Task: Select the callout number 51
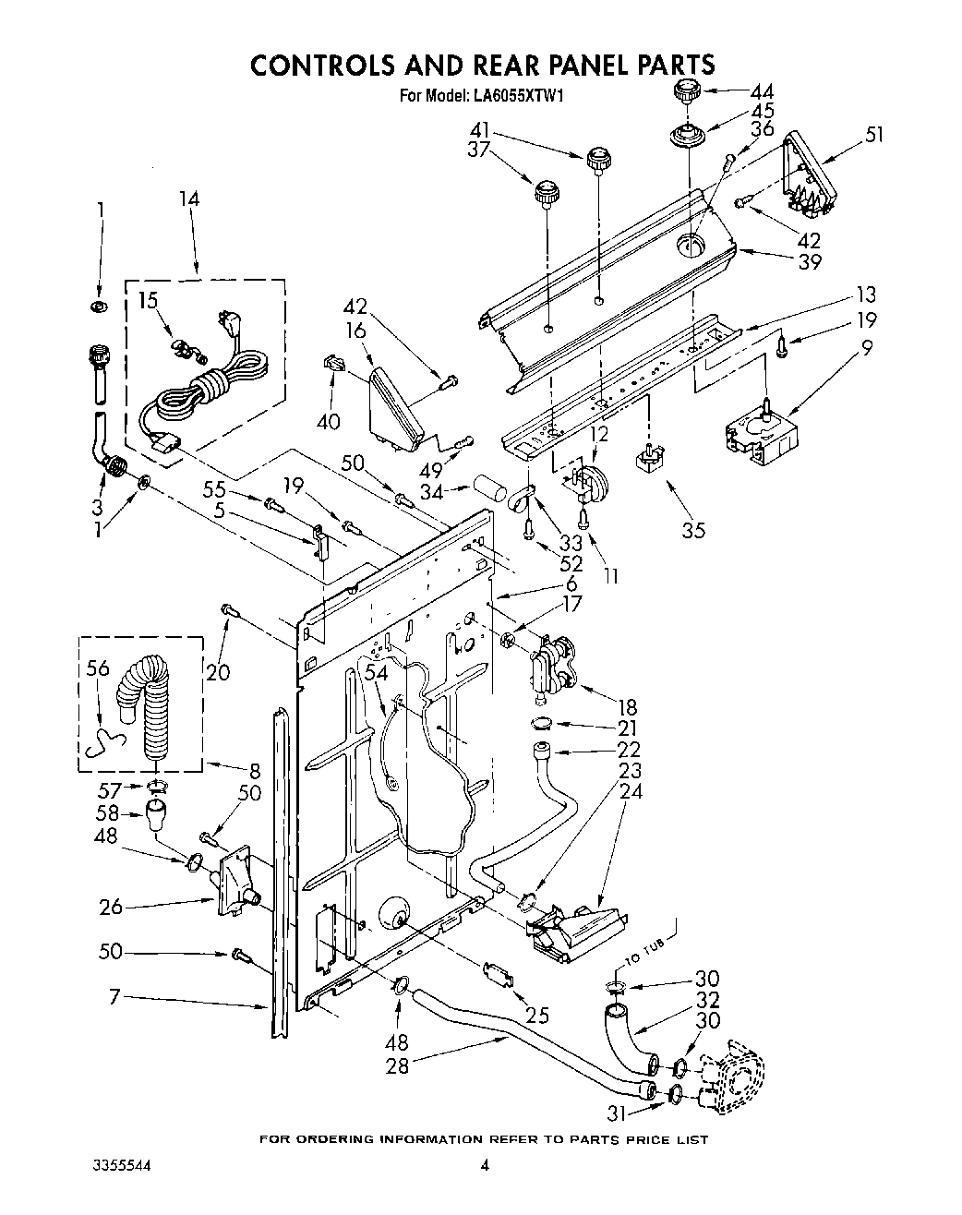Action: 873,134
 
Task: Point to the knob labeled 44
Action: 685,91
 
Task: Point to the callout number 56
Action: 99,669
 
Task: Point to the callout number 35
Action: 692,529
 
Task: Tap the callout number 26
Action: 112,907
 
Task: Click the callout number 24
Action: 631,791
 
